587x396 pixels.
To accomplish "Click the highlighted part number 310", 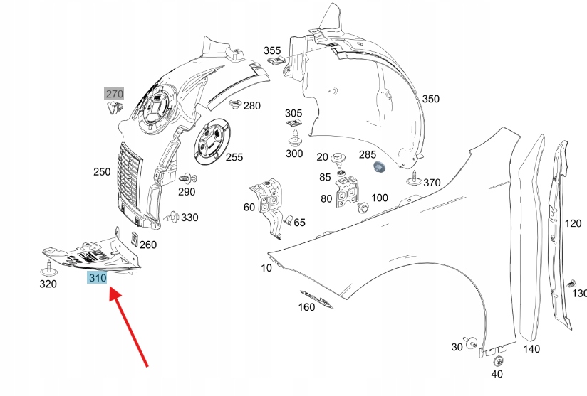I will click(97, 278).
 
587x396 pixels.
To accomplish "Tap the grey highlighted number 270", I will click(114, 94).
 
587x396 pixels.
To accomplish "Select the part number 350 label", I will click(430, 99).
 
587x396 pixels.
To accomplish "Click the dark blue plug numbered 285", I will click(380, 168).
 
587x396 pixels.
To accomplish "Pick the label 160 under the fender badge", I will click(306, 308).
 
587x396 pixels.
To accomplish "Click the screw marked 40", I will click(497, 362).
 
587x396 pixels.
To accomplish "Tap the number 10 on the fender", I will click(266, 268).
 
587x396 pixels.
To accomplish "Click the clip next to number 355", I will click(275, 63).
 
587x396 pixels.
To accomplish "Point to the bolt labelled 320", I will click(48, 269).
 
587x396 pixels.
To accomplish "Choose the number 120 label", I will click(573, 223).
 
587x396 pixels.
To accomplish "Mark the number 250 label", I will click(101, 171).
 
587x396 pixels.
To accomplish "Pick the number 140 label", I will click(531, 348).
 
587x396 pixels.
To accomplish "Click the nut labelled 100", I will click(363, 208).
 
